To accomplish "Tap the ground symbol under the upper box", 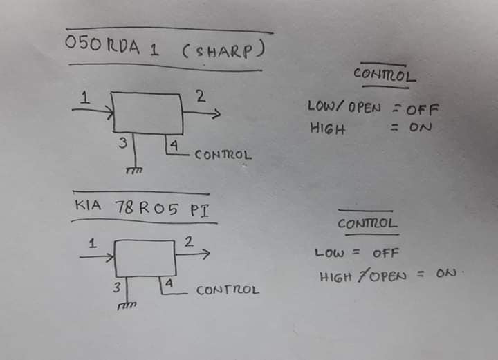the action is pos(134,171).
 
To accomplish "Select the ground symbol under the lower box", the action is pos(127,306).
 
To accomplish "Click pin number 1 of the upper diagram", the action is pos(84,97).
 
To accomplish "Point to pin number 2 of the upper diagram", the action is pos(201,96).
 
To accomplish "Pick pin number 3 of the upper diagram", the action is pos(123,143).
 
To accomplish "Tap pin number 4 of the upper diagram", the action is pos(174,145).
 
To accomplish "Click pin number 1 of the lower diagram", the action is pos(93,243).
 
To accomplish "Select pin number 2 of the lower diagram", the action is pos(189,242).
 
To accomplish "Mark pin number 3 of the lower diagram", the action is pos(117,287).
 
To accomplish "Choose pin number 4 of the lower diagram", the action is pos(169,283).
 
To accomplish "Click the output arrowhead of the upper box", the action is pos(217,113).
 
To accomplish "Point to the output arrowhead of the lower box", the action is pos(206,254).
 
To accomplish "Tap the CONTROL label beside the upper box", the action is pos(223,155).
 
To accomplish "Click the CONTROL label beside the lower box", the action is pos(228,290).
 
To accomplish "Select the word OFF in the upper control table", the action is pos(423,109).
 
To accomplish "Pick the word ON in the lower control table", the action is pos(446,273).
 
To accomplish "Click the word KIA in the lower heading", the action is pos(88,205).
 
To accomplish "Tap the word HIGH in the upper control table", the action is pos(327,129).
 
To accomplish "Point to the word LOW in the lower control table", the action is pos(329,253).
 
